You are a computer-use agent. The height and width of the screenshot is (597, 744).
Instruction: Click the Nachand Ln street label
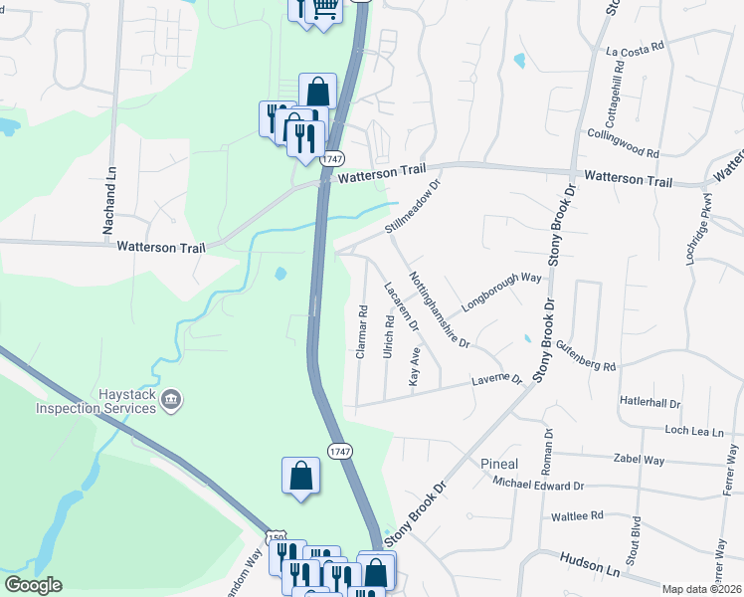(x=109, y=201)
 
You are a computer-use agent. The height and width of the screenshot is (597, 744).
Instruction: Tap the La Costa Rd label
(x=634, y=49)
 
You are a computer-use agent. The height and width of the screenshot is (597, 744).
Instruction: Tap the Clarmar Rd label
(x=363, y=331)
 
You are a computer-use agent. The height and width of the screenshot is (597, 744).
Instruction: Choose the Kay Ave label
(x=416, y=366)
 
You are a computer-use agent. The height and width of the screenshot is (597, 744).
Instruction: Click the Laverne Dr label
(x=496, y=379)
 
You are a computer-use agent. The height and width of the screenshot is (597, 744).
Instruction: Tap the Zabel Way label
(x=639, y=460)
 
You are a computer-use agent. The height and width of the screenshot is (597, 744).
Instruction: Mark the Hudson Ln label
(x=591, y=565)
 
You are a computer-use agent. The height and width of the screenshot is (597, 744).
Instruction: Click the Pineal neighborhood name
(x=499, y=465)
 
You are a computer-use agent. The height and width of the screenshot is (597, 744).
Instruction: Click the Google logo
(x=33, y=585)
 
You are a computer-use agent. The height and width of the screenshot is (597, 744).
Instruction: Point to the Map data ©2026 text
(x=702, y=589)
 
